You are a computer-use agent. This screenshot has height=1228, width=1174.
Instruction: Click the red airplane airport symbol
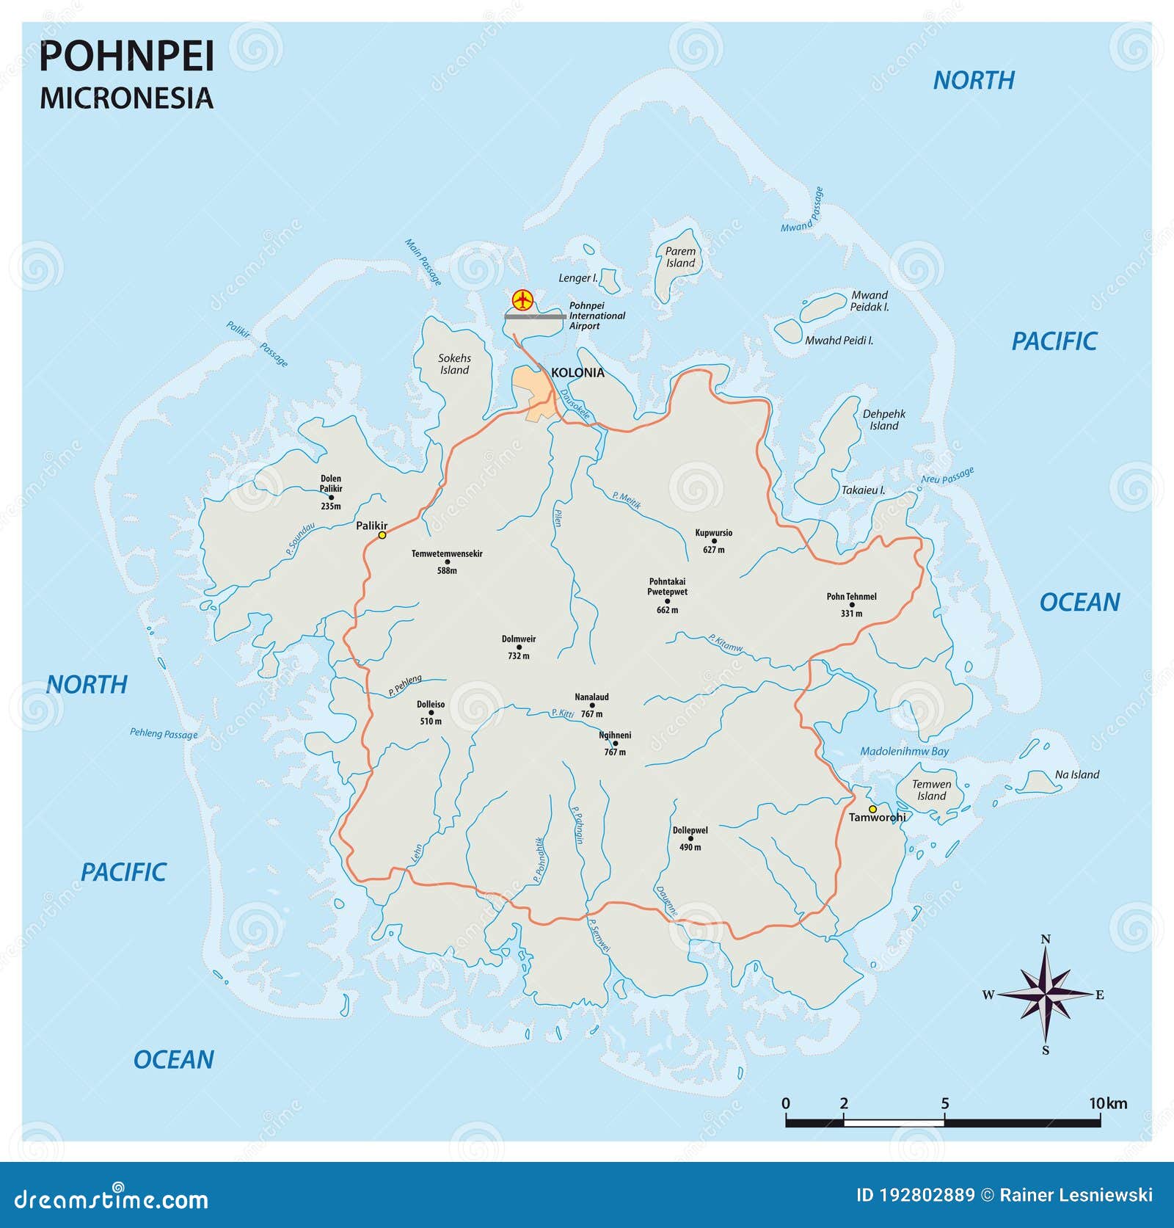[x=522, y=299]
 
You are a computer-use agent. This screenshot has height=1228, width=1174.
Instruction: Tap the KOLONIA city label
[x=577, y=373]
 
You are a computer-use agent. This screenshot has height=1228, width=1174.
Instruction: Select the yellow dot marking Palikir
[x=382, y=536]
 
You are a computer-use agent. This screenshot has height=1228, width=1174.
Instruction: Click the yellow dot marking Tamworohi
[x=872, y=809]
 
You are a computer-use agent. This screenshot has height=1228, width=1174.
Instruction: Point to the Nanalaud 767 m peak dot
[x=592, y=705]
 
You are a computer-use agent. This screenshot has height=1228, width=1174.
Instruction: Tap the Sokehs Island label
[x=454, y=364]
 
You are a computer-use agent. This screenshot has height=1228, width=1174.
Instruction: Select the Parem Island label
[x=680, y=257]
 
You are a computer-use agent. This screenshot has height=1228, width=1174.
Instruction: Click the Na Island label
[x=1076, y=774]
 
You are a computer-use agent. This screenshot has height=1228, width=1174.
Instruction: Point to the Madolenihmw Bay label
[x=904, y=751]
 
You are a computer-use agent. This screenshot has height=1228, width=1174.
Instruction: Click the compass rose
[x=1046, y=995]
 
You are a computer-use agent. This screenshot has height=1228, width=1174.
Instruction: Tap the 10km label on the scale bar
[x=1107, y=1103]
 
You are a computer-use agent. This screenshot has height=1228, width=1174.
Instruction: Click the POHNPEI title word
[x=126, y=57]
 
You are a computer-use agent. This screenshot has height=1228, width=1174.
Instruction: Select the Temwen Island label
[x=931, y=790]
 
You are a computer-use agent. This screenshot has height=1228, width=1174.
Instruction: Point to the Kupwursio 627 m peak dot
[x=714, y=541]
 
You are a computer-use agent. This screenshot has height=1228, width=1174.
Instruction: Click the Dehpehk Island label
[x=883, y=420]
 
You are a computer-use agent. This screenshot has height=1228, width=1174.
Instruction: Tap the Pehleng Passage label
[x=164, y=733]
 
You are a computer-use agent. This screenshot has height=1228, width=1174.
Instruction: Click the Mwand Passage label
[x=802, y=211]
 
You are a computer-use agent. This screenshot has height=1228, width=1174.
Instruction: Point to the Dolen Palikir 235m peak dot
[x=331, y=497]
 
